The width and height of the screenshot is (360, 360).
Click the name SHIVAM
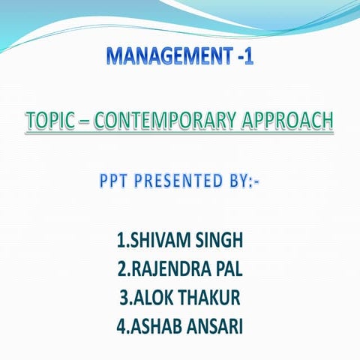click(157, 241)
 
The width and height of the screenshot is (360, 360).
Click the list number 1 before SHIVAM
click(121, 241)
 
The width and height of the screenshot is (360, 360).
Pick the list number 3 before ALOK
click(124, 297)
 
